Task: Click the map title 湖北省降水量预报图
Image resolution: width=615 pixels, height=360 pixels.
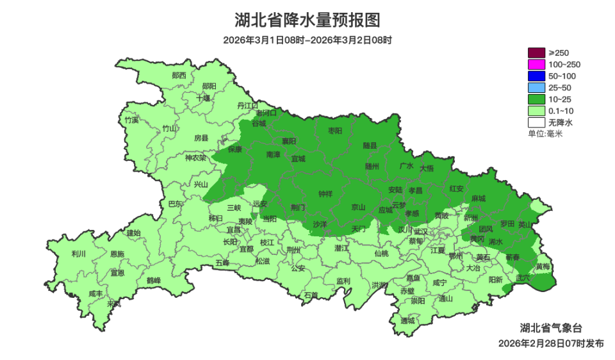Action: coord(307,20)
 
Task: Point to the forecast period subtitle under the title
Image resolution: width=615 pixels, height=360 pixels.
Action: coord(307,40)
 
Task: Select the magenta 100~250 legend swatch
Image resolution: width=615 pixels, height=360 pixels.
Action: coord(536,65)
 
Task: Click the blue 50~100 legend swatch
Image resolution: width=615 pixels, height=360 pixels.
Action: coord(536,76)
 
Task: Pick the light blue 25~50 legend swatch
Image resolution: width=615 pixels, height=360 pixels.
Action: coord(536,88)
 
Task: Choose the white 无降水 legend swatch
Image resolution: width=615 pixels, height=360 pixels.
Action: coord(536,122)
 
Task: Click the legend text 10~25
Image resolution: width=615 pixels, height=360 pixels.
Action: coord(560,99)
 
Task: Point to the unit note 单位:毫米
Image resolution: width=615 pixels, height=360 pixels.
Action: coord(545,134)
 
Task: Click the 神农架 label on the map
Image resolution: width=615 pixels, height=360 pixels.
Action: coord(195,158)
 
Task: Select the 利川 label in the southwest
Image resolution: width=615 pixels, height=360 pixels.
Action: coord(79,254)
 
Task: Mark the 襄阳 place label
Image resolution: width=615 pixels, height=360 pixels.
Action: coord(289,141)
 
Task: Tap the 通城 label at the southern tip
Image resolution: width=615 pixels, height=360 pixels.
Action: coord(407,320)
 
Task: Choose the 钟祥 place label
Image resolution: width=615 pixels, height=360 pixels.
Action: coord(326,193)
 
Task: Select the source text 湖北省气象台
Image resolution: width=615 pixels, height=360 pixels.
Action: coord(551,327)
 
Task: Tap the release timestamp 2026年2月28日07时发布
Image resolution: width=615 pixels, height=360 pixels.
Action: coord(551,343)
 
